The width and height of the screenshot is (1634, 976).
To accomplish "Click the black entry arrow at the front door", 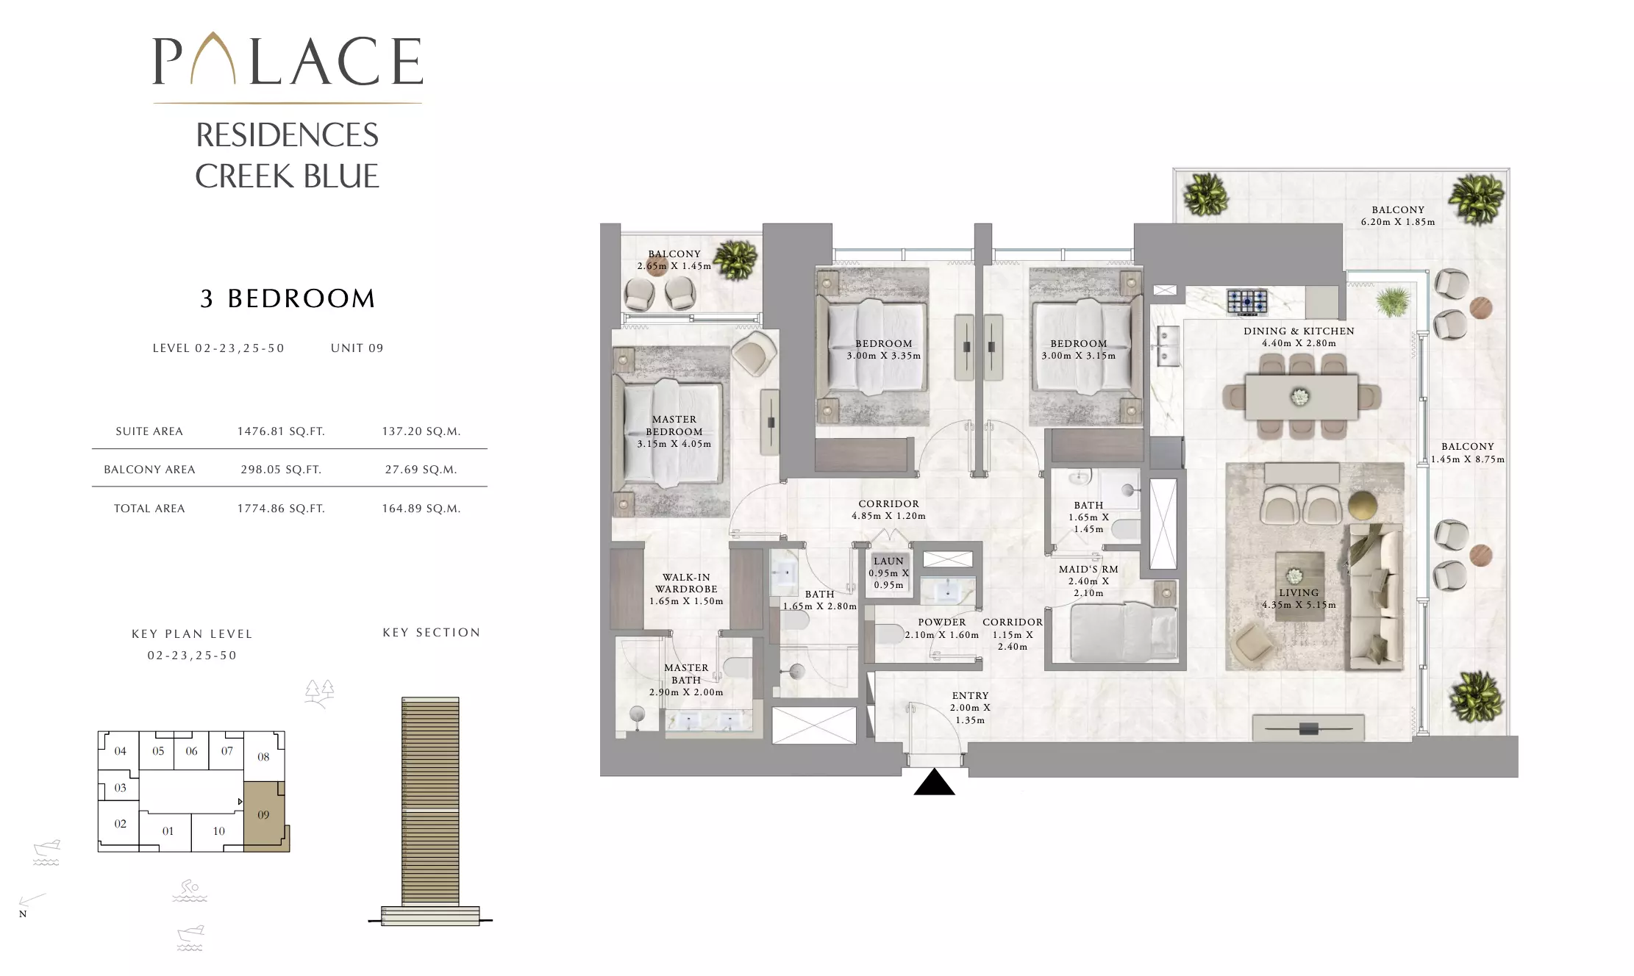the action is pyautogui.click(x=934, y=783).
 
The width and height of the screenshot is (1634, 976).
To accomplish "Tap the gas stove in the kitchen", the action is pyautogui.click(x=1247, y=301).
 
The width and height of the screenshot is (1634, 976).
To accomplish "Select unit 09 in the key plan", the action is pyautogui.click(x=263, y=814).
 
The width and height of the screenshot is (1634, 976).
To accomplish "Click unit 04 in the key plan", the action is pyautogui.click(x=121, y=751).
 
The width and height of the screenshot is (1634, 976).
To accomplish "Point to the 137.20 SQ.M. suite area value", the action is pyautogui.click(x=421, y=431).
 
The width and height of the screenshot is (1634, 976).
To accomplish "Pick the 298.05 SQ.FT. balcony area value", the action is pyautogui.click(x=281, y=470).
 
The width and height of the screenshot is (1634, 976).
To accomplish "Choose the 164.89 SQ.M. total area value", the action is pyautogui.click(x=421, y=509).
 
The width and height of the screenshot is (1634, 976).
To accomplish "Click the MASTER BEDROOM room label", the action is pyautogui.click(x=674, y=426).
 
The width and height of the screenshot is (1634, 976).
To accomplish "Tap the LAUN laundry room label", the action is pyautogui.click(x=888, y=561).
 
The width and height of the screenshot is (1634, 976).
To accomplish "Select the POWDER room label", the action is pyautogui.click(x=942, y=622).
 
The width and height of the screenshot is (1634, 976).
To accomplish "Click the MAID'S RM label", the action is pyautogui.click(x=1088, y=569).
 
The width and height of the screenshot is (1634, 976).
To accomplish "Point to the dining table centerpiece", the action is pyautogui.click(x=1300, y=397).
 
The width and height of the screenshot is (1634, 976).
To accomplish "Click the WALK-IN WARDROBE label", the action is pyautogui.click(x=686, y=583).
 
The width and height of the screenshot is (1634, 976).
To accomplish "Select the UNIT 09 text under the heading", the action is pyautogui.click(x=357, y=348).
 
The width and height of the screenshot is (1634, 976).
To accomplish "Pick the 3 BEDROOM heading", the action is pyautogui.click(x=288, y=298).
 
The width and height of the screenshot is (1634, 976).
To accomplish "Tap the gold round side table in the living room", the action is pyautogui.click(x=1363, y=506).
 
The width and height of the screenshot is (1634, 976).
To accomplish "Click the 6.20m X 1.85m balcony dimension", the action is pyautogui.click(x=1398, y=222).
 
